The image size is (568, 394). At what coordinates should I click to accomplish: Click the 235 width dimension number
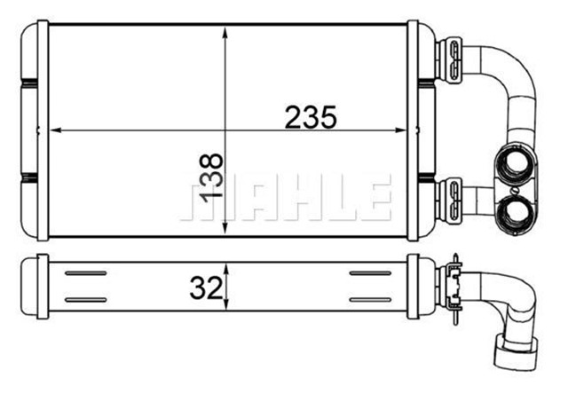[x=310, y=116]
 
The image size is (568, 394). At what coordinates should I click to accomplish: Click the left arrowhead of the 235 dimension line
[x=56, y=130]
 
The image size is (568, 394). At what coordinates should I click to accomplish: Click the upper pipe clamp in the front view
[x=451, y=55]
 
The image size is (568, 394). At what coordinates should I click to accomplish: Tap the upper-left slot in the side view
[x=86, y=273]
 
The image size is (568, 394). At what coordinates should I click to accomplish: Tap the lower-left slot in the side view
[x=86, y=300]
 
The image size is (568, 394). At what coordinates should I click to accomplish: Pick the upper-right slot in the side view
[x=371, y=273]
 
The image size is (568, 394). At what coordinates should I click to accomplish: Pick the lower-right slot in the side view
[x=371, y=300]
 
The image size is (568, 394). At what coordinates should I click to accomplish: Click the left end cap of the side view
[x=40, y=286]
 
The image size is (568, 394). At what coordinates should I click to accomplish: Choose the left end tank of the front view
[x=35, y=131]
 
